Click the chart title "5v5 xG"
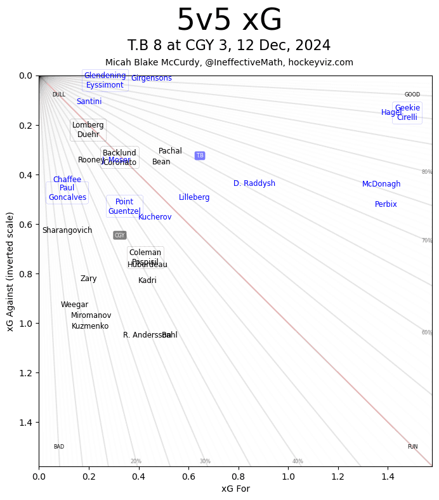[229, 20]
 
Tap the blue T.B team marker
[200, 155]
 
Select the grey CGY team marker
[119, 235]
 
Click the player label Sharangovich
[67, 230]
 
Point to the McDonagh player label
[381, 184]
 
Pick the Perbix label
[386, 204]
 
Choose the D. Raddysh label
[254, 183]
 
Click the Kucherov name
[155, 217]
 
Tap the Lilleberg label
[194, 197]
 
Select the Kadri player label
[147, 280]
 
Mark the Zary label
[89, 279]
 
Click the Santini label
[89, 102]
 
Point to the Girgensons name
[152, 78]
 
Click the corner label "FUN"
[412, 447]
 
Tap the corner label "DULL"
[58, 95]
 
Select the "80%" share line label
[427, 172]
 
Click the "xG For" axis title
[235, 489]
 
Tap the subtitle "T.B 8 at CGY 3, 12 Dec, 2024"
[229, 46]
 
